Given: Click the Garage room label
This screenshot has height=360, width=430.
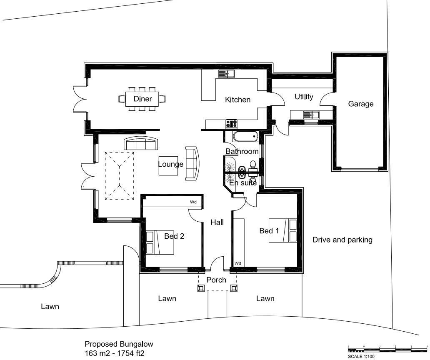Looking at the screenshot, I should point(361,104).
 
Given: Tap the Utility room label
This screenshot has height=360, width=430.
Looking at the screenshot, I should point(304,97).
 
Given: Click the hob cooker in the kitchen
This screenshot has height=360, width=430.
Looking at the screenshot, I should point(232,123).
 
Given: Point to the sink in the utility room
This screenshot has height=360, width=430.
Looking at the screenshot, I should point(311,115).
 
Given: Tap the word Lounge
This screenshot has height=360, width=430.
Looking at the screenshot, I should point(170,164).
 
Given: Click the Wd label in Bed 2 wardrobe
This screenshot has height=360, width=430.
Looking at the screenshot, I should point(193,202).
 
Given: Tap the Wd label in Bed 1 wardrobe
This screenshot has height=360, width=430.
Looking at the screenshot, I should point(237,263).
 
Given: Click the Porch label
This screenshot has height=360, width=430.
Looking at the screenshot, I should point(216,280).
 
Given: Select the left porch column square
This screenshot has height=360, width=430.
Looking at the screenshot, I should point(201,288).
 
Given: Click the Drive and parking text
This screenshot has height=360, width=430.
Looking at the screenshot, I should point(342,240).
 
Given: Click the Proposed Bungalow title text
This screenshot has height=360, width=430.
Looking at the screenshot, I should point(119,344).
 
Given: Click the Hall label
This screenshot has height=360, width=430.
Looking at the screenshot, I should point(217,222).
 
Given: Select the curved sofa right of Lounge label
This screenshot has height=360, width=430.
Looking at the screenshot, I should point(192,163).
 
